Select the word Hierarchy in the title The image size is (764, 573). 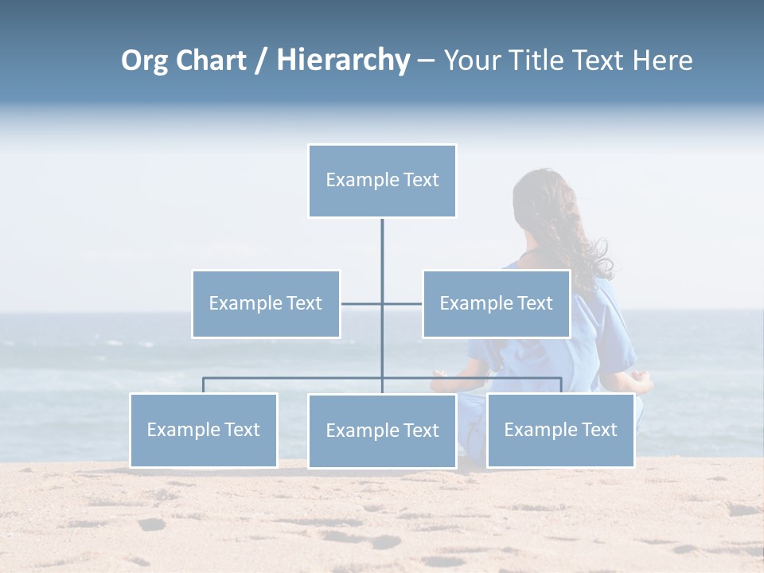pos(343,60)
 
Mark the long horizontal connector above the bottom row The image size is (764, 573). pos(294,378)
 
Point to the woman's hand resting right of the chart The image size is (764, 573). pos(641,384)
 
